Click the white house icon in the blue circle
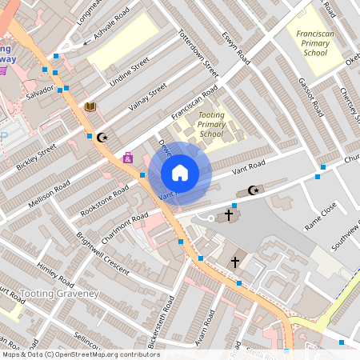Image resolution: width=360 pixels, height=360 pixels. [180, 172]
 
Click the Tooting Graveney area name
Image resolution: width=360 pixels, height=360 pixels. [58, 294]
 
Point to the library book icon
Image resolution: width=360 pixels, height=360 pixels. [90, 106]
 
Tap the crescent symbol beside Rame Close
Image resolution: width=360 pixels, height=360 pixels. [254, 190]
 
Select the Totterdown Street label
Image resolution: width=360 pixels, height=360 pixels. [197, 54]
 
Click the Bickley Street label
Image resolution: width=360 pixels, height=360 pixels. [36, 158]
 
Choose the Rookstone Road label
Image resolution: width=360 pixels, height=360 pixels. [104, 202]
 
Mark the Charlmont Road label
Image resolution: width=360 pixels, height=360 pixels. [124, 226]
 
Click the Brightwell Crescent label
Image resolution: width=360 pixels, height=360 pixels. [102, 254]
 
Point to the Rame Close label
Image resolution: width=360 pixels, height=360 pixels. [321, 217]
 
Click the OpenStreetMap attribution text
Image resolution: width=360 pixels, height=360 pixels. [80, 354]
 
